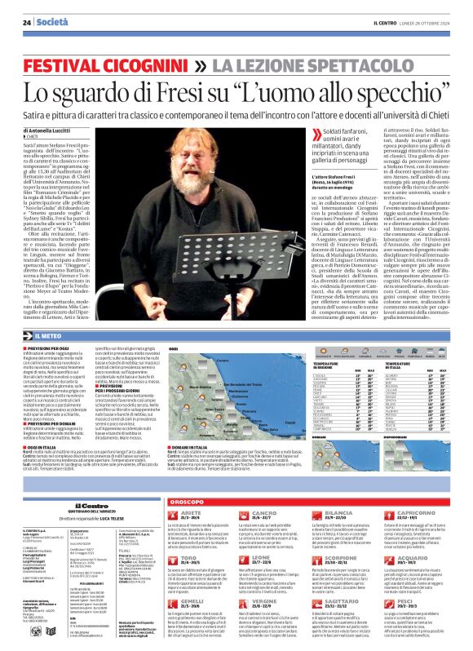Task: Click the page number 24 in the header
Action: pos(27,23)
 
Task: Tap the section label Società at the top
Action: pos(52,23)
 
